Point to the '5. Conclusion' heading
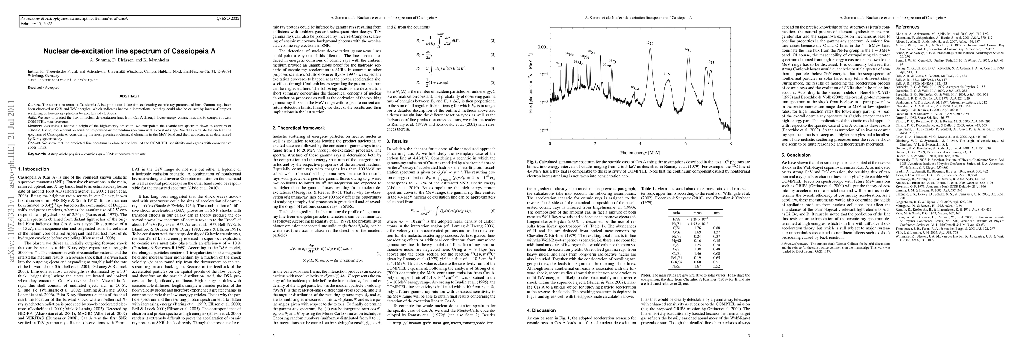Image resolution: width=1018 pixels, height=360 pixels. [796, 155]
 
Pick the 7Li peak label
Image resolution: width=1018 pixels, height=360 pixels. [559, 64]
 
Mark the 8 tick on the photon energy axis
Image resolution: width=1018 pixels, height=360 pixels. [730, 143]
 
